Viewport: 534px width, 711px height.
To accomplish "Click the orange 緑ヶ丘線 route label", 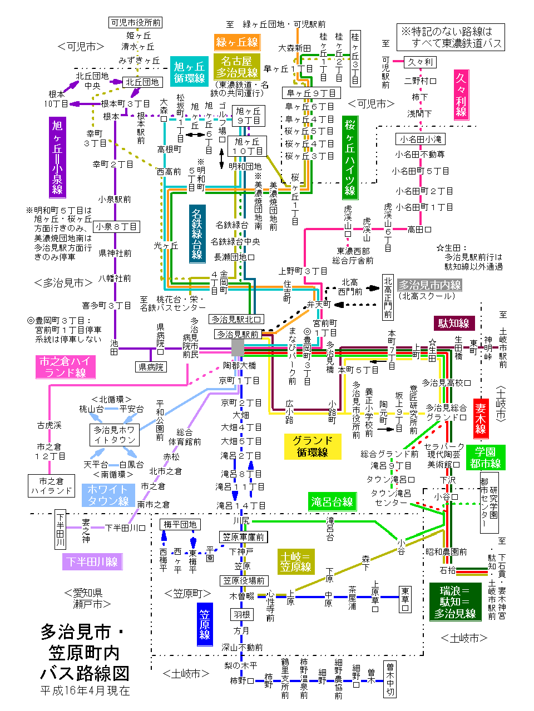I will [x=237, y=42].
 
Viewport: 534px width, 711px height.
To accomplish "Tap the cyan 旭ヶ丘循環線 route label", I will [x=189, y=73].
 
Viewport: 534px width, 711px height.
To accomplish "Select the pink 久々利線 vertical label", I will [x=461, y=95].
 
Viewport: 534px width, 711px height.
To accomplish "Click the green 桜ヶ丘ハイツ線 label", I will [x=350, y=158].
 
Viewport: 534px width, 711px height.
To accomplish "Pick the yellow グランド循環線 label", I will [x=312, y=446].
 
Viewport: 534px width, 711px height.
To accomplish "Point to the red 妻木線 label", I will [x=481, y=419].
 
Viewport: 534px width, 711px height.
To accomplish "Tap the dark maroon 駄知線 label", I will [x=453, y=324].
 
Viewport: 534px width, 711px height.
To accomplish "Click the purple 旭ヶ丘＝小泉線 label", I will [x=57, y=157].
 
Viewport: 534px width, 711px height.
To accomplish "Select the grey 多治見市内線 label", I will [x=429, y=285].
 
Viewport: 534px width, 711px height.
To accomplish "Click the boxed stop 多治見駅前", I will [x=238, y=334].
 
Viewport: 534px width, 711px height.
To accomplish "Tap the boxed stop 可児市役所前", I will [x=136, y=22].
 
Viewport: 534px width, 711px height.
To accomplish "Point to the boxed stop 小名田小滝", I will [x=421, y=139].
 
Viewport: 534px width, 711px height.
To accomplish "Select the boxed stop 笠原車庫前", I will [x=244, y=537].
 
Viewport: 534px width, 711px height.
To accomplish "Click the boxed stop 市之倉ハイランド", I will [x=51, y=486].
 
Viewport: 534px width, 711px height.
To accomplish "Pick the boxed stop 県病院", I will [x=151, y=367].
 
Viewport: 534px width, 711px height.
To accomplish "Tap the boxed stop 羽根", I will [x=242, y=614].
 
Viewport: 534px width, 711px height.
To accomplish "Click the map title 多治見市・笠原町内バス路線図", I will [x=85, y=653].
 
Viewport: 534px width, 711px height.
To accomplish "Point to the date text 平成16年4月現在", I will [x=85, y=690].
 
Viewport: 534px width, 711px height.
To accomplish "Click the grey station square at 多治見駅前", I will [x=238, y=347].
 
